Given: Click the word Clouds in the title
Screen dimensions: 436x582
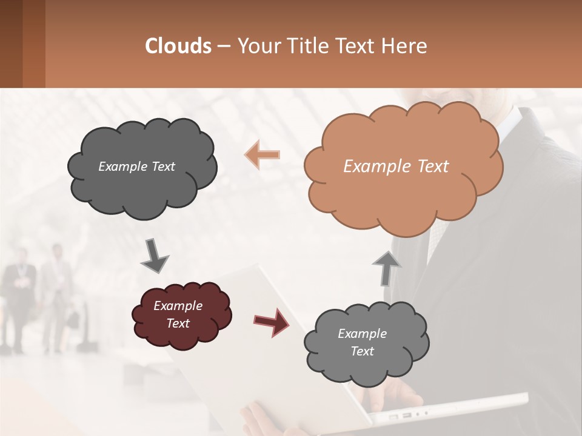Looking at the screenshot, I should pyautogui.click(x=178, y=46).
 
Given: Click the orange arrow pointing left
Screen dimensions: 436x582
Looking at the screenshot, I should pyautogui.click(x=262, y=154).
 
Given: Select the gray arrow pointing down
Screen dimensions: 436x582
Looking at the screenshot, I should pyautogui.click(x=154, y=256).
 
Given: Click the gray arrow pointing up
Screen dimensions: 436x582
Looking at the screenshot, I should pyautogui.click(x=386, y=268).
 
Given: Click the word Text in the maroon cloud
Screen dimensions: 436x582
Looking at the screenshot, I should pyautogui.click(x=178, y=323).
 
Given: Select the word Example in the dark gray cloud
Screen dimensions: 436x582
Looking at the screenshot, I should pyautogui.click(x=123, y=167).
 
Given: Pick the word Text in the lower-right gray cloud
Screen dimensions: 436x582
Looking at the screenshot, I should pyautogui.click(x=362, y=351).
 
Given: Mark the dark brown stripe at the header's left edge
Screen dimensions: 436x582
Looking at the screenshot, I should pyautogui.click(x=11, y=44).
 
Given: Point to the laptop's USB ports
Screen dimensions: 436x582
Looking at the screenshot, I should pyautogui.click(x=400, y=417).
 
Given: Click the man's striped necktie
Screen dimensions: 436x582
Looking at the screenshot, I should pyautogui.click(x=438, y=236).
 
